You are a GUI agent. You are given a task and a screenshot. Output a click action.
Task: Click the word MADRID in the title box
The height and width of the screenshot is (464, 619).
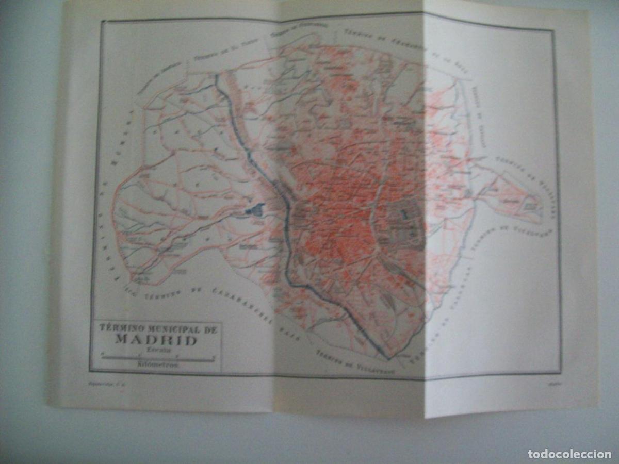click(x=156, y=340)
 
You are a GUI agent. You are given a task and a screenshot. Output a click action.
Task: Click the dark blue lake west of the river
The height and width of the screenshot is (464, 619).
click(x=254, y=210)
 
